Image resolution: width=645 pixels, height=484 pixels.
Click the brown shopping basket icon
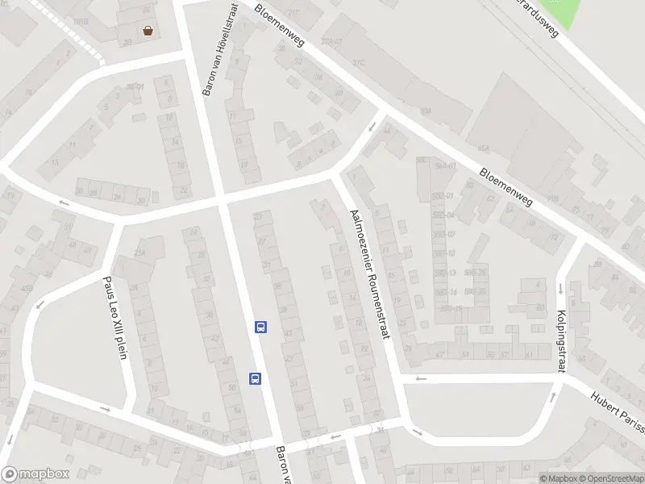pos(148,31)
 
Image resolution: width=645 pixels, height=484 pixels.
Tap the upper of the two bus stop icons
pos(260,327)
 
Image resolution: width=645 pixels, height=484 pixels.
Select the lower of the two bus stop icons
pos(256,378)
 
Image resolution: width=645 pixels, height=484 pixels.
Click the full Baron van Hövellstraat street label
pos(220,49)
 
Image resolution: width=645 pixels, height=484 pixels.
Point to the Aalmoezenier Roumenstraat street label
pos(370,274)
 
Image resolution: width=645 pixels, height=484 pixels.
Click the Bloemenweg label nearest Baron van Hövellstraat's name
pos(280,25)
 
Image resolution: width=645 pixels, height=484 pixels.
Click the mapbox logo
pos(35,474)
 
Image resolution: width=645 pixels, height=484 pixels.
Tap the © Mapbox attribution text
pos(558,478)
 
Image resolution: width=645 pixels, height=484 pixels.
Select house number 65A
pos(484,148)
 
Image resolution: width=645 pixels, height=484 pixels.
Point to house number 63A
pos(425,111)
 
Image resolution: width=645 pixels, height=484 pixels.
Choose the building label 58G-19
pos(451,307)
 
